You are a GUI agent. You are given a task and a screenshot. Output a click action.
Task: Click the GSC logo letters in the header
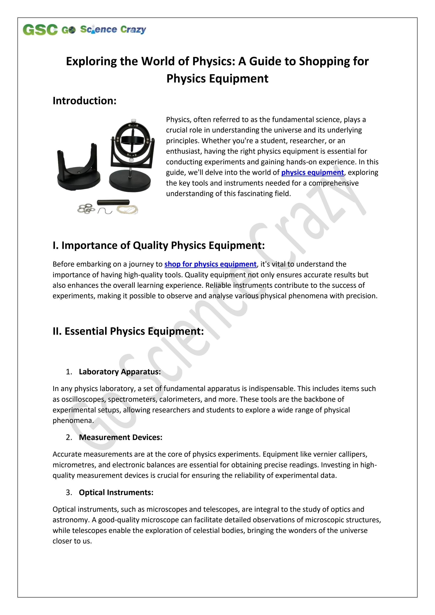(40, 29)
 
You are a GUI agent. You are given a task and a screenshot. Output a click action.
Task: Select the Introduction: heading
(84, 101)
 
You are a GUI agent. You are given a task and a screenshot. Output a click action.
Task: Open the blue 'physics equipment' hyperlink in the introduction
(312, 173)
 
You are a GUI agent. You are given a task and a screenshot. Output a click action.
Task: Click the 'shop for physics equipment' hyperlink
(210, 264)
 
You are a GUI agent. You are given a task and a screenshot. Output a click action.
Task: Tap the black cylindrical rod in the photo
(113, 202)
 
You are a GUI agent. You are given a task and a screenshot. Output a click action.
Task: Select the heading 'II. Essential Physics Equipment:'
(128, 331)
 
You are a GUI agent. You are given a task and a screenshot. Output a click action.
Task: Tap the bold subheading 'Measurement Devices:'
(121, 437)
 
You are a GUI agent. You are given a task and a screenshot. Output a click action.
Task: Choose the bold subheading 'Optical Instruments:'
(116, 493)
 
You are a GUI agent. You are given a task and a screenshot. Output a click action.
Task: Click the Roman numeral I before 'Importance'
(54, 246)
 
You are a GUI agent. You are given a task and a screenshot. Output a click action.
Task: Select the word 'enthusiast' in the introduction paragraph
(184, 151)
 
